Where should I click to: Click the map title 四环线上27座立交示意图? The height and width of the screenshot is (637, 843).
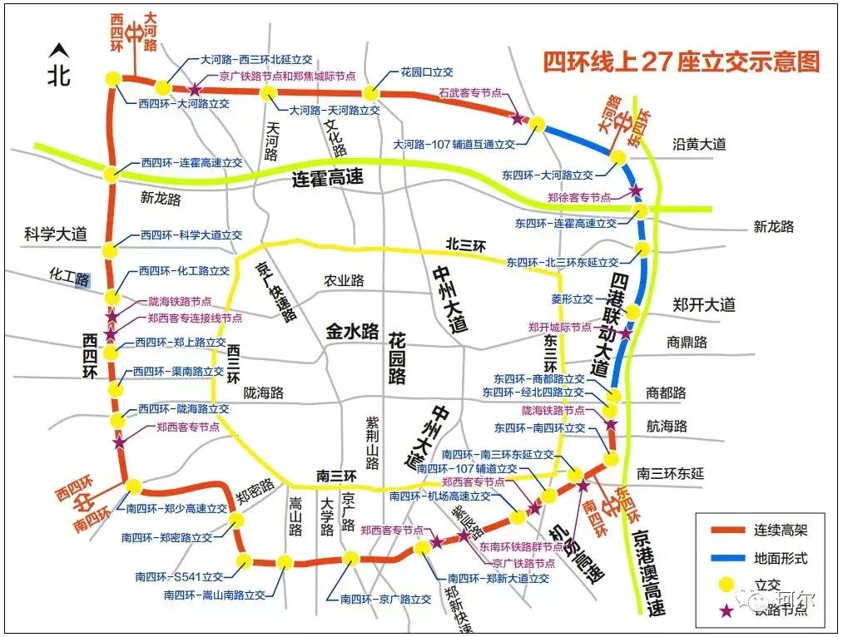coord(681,62)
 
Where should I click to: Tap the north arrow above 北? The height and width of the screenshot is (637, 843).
coord(57,52)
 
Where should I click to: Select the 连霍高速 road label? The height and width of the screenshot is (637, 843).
coord(330,178)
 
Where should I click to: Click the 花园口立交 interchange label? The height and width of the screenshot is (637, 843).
coord(427,72)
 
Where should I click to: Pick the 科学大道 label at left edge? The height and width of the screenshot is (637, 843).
coord(55,235)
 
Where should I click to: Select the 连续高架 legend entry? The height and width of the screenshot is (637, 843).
coord(780,530)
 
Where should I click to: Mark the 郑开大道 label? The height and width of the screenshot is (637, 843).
coord(704,305)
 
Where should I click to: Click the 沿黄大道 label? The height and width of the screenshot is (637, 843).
coord(699,145)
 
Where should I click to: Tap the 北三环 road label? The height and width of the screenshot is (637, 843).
coord(465,244)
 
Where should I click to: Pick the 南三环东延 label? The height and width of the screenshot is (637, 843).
coord(670,473)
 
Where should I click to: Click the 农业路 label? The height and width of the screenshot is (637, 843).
coord(344,281)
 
